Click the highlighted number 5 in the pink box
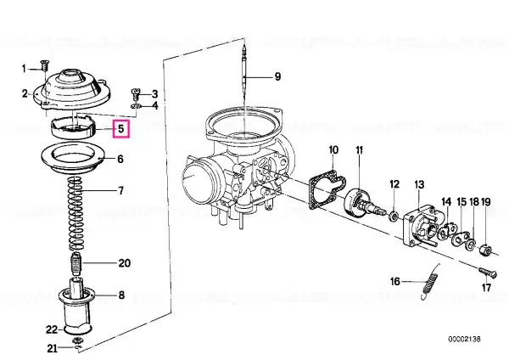coord(120,129)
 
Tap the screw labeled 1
coord(43,66)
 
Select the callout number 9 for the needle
coord(277,76)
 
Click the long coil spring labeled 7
coord(76,213)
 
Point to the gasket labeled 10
coord(327,188)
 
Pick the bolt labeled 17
coord(488,272)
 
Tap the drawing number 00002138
coord(464,340)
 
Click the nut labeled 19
coord(485,250)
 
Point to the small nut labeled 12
coord(394,216)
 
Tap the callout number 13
coord(419,184)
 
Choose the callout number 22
coord(52,329)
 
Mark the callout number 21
coord(52,349)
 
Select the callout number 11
coord(359,150)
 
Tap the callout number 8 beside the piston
coord(121,295)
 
